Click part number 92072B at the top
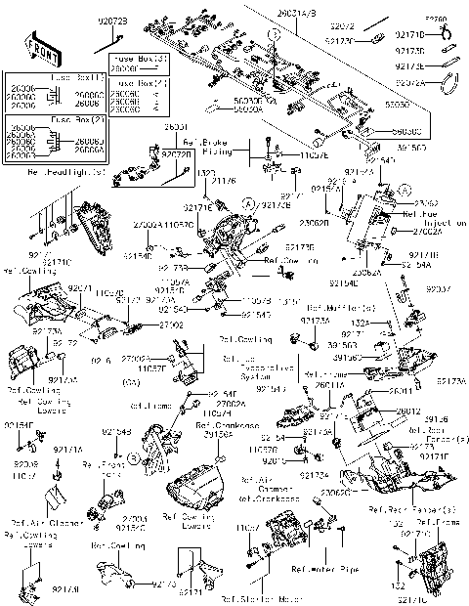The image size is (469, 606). [112, 21]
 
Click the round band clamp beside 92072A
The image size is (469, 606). [450, 84]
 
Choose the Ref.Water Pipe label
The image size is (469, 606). [321, 565]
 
